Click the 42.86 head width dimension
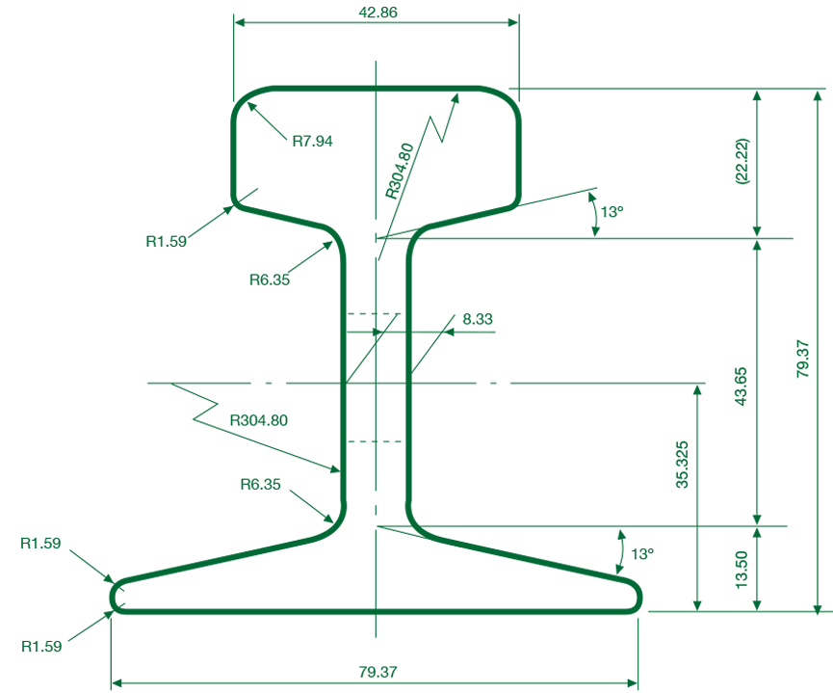(377, 13)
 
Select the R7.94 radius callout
(312, 141)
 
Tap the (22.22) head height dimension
(742, 161)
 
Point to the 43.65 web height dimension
(742, 386)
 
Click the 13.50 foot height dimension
(742, 569)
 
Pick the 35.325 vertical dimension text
(682, 465)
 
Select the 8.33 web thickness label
(478, 319)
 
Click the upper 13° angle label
(612, 212)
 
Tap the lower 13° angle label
(642, 554)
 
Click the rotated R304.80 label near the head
(400, 171)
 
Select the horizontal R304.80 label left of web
(259, 420)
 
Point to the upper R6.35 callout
(270, 280)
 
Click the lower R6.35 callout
(260, 485)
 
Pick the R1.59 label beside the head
(167, 242)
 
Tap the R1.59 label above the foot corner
(40, 543)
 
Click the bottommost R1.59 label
(41, 646)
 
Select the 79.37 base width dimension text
(377, 672)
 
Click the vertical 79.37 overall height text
(803, 359)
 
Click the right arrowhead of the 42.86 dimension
(512, 22)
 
